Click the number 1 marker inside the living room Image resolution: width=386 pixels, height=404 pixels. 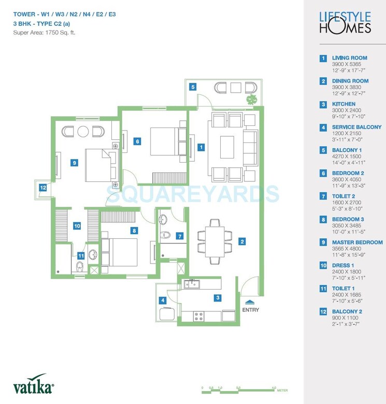[x=201, y=147]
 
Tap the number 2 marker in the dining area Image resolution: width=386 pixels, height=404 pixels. [x=242, y=241]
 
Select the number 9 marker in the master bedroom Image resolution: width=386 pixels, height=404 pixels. [x=75, y=163]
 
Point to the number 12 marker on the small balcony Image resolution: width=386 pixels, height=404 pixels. [x=43, y=188]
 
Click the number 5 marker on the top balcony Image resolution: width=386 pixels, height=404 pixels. [x=192, y=87]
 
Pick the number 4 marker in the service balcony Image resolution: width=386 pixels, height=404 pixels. [x=163, y=300]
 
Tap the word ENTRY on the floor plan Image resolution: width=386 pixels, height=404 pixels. [x=250, y=310]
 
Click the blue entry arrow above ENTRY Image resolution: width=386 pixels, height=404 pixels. [x=250, y=301]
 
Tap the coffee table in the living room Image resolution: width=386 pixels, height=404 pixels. [x=227, y=147]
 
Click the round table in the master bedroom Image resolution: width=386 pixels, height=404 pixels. [x=83, y=131]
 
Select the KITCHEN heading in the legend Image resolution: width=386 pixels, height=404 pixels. [x=344, y=104]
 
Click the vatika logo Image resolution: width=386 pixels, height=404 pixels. [x=33, y=386]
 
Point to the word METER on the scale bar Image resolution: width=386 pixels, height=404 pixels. [x=282, y=391]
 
